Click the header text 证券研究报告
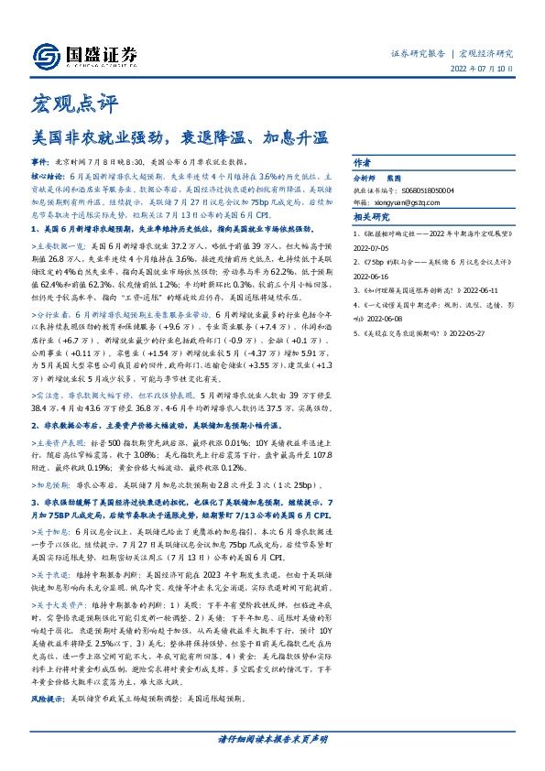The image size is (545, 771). (418, 53)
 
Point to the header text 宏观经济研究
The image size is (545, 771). (486, 53)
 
